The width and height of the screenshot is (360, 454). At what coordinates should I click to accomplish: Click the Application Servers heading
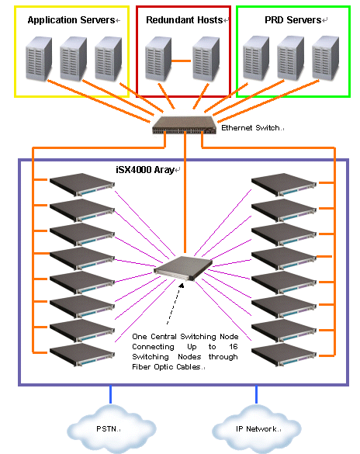click(71, 20)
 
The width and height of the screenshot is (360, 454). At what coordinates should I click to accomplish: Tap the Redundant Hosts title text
click(185, 20)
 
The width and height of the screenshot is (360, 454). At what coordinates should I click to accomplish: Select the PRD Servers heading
click(292, 20)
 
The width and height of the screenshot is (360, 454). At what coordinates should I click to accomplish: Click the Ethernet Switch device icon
click(185, 125)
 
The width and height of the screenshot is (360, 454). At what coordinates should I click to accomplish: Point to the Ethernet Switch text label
click(251, 128)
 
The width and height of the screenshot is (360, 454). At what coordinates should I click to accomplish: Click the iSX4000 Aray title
click(145, 170)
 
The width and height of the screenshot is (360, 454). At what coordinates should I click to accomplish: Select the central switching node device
click(183, 269)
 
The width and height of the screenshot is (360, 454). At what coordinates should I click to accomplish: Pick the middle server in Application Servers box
click(73, 59)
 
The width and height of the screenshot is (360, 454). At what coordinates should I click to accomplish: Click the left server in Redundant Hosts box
click(158, 59)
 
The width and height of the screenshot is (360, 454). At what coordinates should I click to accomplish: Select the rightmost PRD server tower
click(325, 58)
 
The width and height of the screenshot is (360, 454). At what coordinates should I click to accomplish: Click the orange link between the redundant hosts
click(181, 61)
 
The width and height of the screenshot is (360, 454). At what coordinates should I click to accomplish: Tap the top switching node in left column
click(82, 185)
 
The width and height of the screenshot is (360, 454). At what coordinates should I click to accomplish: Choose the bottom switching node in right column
click(284, 355)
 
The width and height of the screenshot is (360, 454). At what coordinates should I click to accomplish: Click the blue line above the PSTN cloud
click(110, 394)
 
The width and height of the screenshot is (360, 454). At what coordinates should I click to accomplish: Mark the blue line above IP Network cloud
click(256, 394)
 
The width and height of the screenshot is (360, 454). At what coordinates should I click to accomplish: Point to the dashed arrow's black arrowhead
click(182, 286)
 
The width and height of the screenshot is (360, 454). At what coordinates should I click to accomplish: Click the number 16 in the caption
click(234, 347)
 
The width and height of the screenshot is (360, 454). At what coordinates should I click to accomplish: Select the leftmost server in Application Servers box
click(39, 59)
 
